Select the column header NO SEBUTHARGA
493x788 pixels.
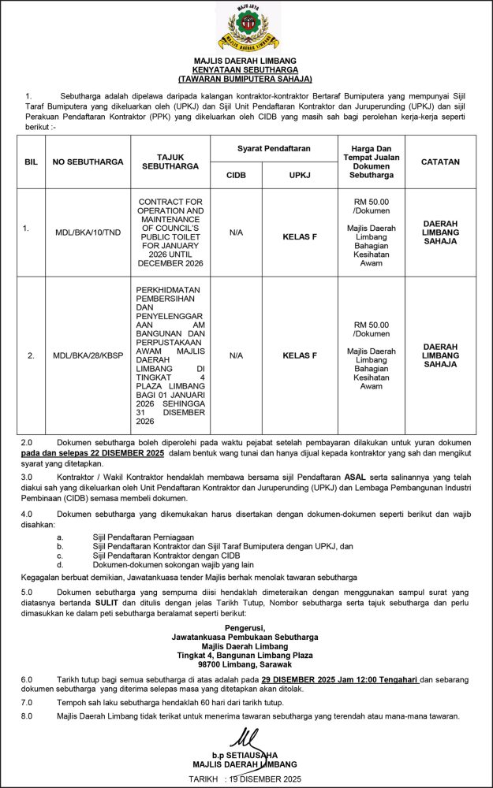[x=88, y=162]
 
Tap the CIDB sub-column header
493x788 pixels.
[x=236, y=175]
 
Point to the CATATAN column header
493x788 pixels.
[x=440, y=162]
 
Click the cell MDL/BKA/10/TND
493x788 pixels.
[x=88, y=232]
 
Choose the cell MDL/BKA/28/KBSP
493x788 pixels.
[x=88, y=355]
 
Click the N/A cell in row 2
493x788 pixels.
[x=236, y=355]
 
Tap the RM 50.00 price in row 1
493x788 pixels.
[x=372, y=202]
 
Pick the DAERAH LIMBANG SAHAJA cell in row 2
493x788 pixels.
[x=440, y=355]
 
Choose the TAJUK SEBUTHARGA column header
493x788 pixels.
[x=170, y=162]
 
